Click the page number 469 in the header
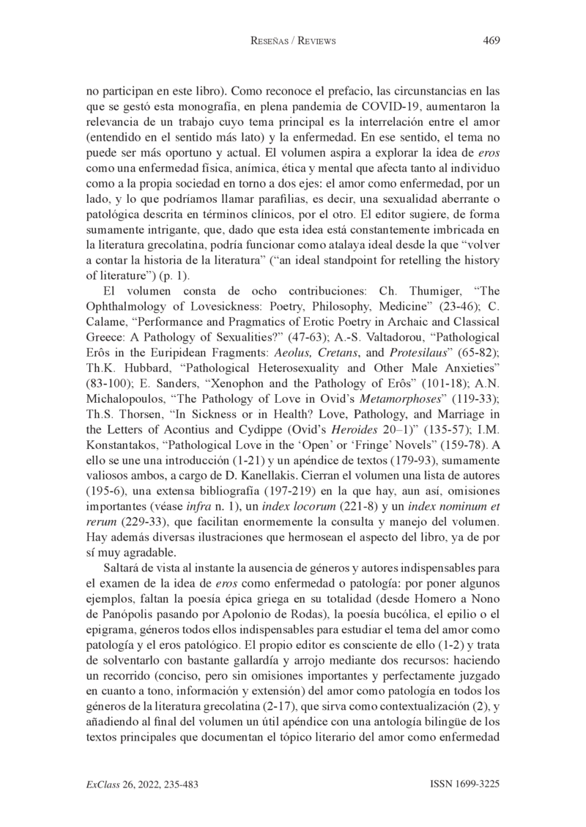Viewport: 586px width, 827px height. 492,40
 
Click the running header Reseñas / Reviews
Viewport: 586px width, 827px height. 293,41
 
